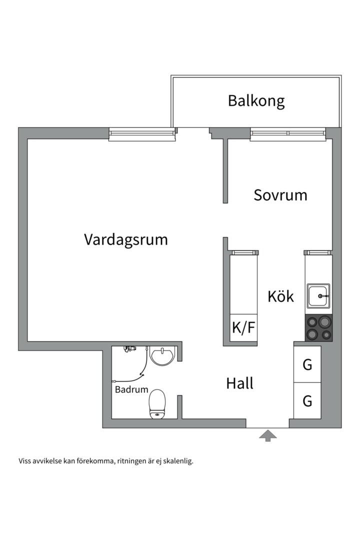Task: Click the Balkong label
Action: [x=256, y=100]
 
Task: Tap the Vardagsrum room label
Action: [x=125, y=239]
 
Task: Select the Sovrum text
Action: [x=280, y=194]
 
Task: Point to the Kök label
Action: [x=280, y=296]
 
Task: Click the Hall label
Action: [x=239, y=383]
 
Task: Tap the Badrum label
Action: [x=131, y=389]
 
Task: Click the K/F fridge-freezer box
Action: [x=243, y=328]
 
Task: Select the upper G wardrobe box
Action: [x=307, y=364]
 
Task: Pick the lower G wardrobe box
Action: [x=307, y=400]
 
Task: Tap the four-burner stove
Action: [x=318, y=328]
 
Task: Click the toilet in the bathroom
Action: [x=157, y=403]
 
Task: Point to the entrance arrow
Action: [x=267, y=435]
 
